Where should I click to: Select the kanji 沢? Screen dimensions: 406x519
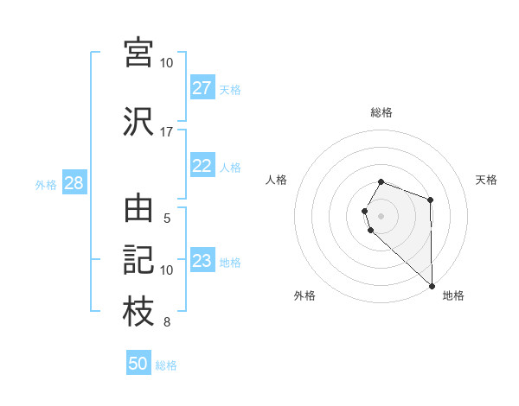(138, 122)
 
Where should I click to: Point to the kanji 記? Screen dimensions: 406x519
(138, 260)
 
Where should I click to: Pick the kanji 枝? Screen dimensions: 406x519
(138, 312)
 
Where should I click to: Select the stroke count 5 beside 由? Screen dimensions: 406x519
(166, 219)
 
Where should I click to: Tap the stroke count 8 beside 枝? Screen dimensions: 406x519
(166, 322)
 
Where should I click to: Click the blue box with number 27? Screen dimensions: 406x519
(202, 88)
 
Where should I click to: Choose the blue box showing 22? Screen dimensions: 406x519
(202, 166)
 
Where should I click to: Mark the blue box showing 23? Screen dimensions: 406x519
(202, 261)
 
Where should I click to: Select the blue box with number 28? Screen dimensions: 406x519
(74, 183)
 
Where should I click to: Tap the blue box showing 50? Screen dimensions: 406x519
(138, 365)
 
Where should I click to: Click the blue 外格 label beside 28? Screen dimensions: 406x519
(46, 184)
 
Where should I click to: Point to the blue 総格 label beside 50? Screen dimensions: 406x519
(166, 365)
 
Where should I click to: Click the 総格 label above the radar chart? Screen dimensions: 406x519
(381, 112)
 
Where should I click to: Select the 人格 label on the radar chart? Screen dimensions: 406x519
(277, 180)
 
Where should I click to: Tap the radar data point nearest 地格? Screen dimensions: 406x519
(432, 285)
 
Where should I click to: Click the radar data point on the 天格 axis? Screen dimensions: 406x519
(431, 200)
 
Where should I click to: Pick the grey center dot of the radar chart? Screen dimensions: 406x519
(381, 215)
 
